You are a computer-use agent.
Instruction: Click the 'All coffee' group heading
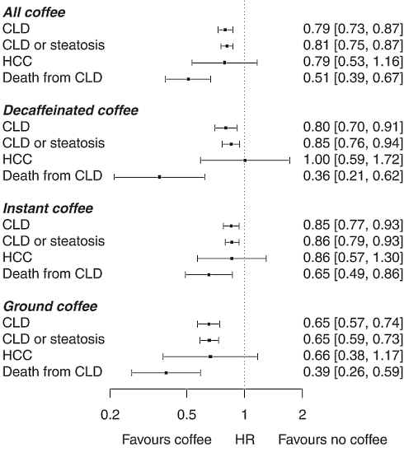pos(35,12)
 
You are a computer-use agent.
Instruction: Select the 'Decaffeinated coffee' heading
pos(70,110)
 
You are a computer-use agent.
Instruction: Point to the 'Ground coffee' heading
pos(50,306)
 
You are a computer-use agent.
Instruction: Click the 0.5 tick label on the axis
pos(187,414)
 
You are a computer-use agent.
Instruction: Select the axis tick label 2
pos(303,414)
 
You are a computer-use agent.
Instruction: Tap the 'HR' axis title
pos(244,440)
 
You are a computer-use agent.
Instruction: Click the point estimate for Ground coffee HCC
pos(210,356)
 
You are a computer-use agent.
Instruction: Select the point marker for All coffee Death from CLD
pos(188,78)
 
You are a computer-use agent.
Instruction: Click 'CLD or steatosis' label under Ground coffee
pos(54,339)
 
